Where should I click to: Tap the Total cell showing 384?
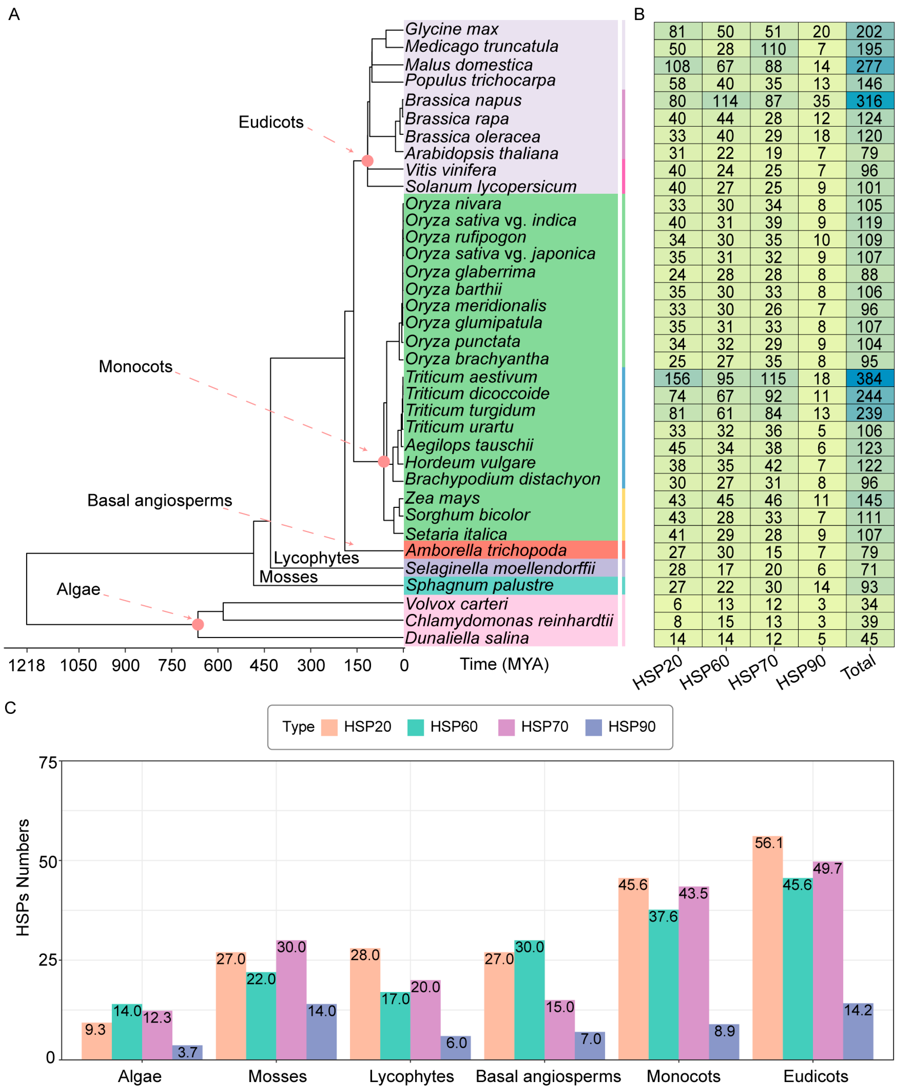(x=869, y=379)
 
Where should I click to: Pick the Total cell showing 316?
(x=869, y=101)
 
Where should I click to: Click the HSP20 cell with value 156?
(x=678, y=379)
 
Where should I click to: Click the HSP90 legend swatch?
(x=593, y=727)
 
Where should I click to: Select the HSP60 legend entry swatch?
(x=416, y=727)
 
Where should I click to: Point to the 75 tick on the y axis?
(x=48, y=762)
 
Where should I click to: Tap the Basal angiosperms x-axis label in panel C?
(x=548, y=1076)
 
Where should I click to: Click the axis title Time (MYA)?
(x=504, y=664)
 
